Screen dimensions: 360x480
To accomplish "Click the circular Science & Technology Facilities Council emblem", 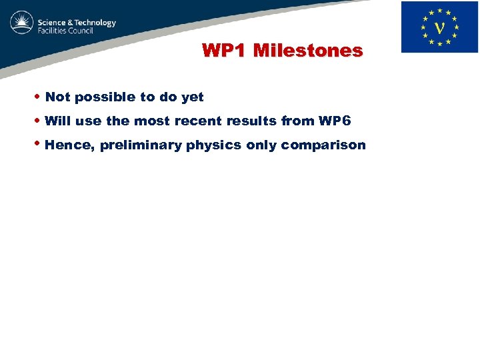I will coord(22,23).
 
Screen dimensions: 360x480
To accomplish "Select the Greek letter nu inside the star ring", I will coord(439,28).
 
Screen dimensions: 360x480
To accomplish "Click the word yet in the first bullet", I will coord(192,97).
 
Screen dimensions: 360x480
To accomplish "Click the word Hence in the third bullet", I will coord(69,145).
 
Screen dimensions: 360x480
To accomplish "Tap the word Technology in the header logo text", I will coord(92,23).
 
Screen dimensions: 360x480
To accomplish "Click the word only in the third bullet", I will coord(261,145).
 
